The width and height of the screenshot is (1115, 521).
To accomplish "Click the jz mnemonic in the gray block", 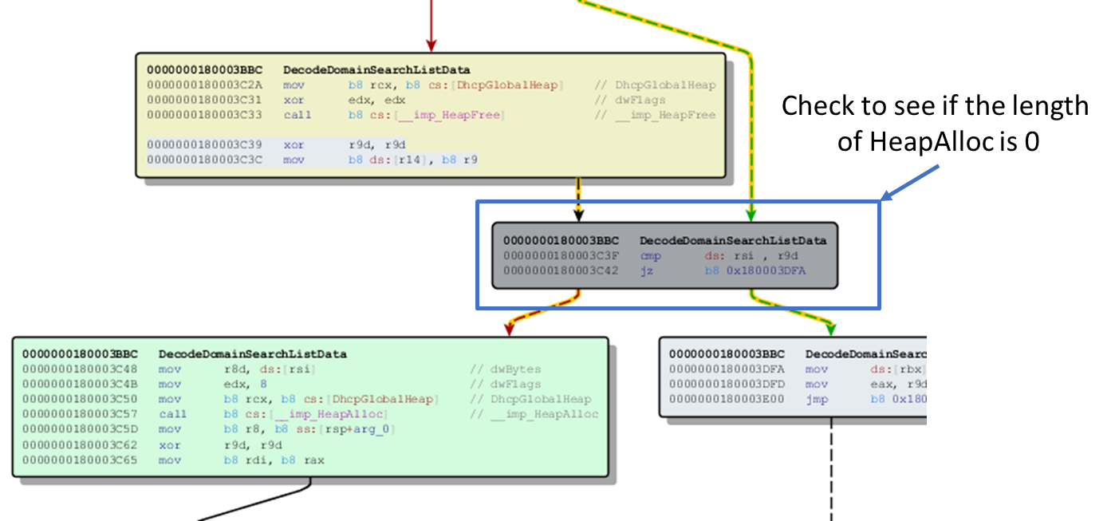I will [646, 271].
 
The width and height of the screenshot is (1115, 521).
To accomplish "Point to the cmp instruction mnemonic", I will [650, 256].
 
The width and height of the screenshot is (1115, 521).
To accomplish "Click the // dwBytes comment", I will [506, 369].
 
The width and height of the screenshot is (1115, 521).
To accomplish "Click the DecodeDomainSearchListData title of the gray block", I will [733, 240].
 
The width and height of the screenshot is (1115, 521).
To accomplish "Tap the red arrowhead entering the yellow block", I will [431, 45].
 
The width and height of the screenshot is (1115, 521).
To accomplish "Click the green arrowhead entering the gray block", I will [751, 214].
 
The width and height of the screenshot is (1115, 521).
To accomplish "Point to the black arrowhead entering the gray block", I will [579, 214].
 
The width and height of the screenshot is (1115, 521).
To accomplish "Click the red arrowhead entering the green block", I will [508, 328].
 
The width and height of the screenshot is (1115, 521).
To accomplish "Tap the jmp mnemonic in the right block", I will [816, 399].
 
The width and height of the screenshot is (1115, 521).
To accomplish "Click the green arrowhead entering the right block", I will [831, 328].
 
